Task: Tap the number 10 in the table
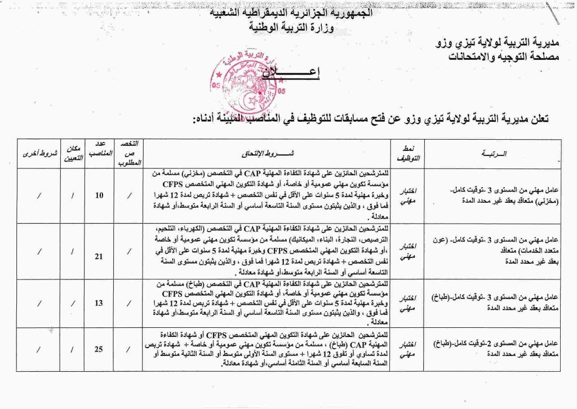click(x=99, y=195)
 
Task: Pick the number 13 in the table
click(x=99, y=303)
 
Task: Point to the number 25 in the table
click(x=99, y=349)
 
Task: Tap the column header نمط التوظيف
click(x=406, y=153)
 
